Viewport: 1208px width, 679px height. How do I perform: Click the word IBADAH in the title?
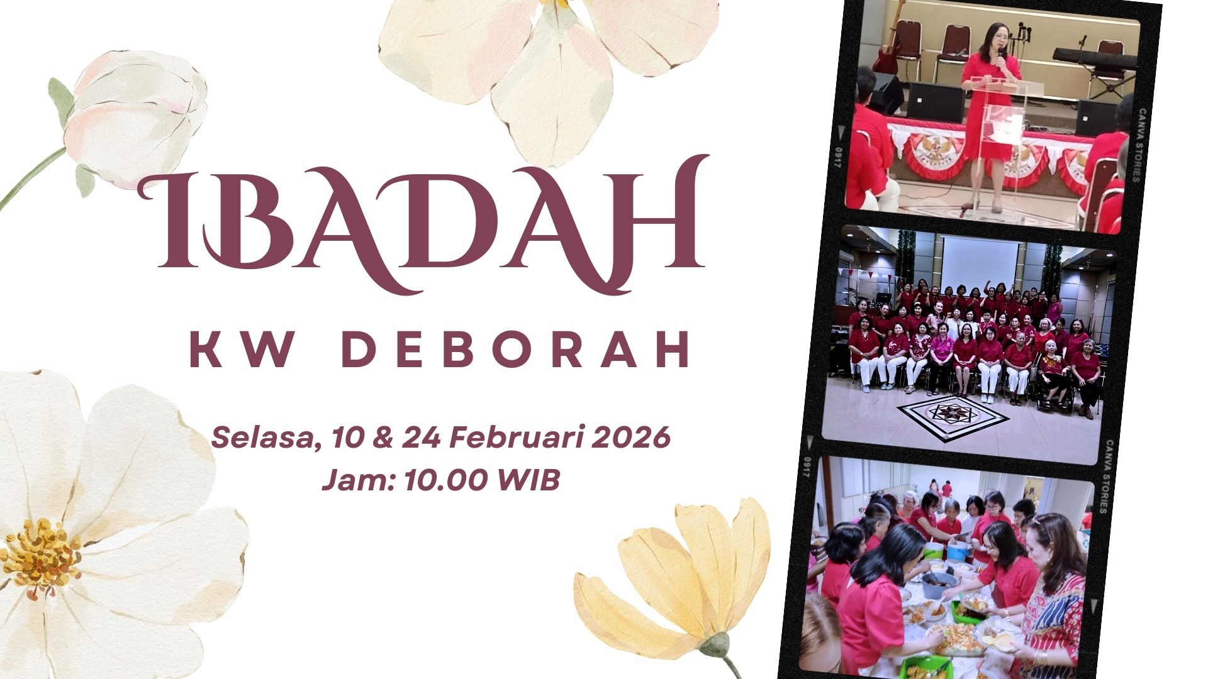point(423,224)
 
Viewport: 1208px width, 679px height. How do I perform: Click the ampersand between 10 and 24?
point(377,437)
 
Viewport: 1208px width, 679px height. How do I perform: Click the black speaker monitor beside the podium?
point(934,102)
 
